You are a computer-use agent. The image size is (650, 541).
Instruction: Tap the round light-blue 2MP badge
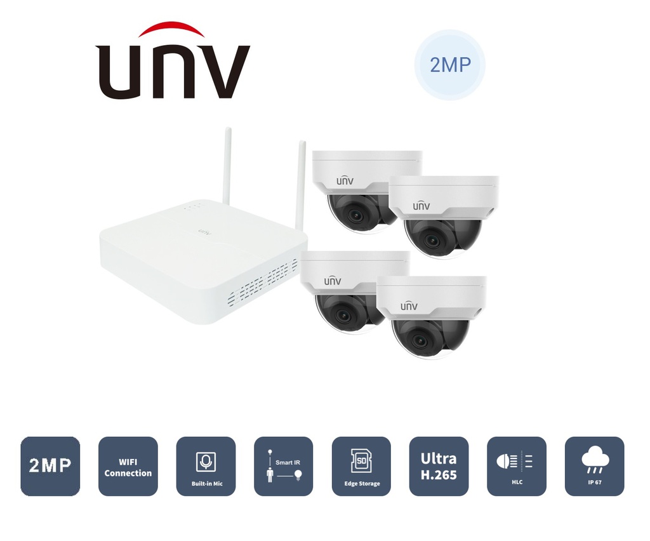pos(449,65)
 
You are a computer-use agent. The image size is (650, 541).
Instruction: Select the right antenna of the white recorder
pos(301,184)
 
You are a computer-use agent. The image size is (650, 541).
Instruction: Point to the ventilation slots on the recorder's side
pos(263,279)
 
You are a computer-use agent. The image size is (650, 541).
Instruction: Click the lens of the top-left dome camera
pos(355,215)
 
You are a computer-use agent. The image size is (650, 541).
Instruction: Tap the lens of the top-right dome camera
pos(433,240)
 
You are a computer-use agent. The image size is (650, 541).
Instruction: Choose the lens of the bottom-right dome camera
pos(420,340)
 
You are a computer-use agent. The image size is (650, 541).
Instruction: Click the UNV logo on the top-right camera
pos(421,206)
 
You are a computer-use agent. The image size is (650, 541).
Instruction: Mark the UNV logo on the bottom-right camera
pos(409,305)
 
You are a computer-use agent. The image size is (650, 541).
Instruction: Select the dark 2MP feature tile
pos(50,466)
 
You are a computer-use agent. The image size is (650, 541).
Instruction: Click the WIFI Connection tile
pos(128,466)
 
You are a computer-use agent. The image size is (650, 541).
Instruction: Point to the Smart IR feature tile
pos(283,466)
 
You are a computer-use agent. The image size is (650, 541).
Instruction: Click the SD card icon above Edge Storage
pos(361,460)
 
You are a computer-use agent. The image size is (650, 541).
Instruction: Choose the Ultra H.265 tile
pos(439,466)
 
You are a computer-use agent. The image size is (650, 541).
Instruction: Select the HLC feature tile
pos(516,466)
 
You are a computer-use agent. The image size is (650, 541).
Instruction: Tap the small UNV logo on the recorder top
pos(205,232)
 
